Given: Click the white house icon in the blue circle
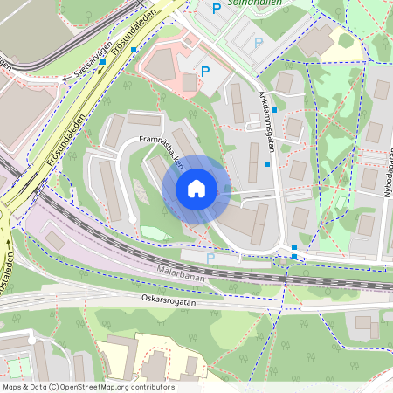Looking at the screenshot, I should click(196, 189).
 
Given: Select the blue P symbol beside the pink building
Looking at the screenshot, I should click(205, 72).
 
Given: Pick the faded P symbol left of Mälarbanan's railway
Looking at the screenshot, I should click(210, 258).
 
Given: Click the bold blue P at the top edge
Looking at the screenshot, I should click(217, 9).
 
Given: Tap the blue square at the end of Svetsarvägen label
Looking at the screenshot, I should click(103, 61).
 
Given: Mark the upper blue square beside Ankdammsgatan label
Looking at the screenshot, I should click(274, 110).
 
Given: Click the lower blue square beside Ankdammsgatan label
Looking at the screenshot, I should click(267, 163).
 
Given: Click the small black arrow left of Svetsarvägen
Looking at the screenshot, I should click(65, 79).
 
